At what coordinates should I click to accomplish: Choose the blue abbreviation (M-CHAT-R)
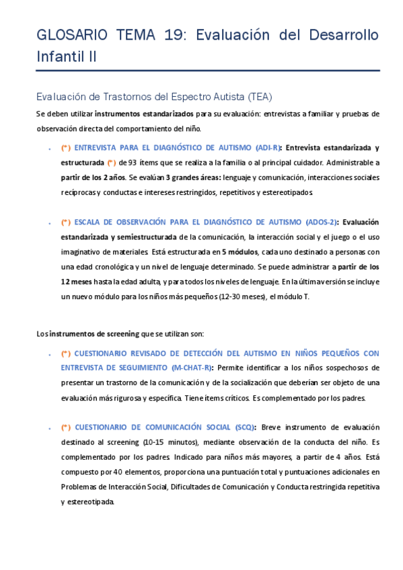click(x=192, y=368)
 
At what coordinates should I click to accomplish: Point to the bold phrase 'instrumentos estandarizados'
click(x=144, y=114)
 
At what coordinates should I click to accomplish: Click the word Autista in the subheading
click(x=223, y=96)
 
